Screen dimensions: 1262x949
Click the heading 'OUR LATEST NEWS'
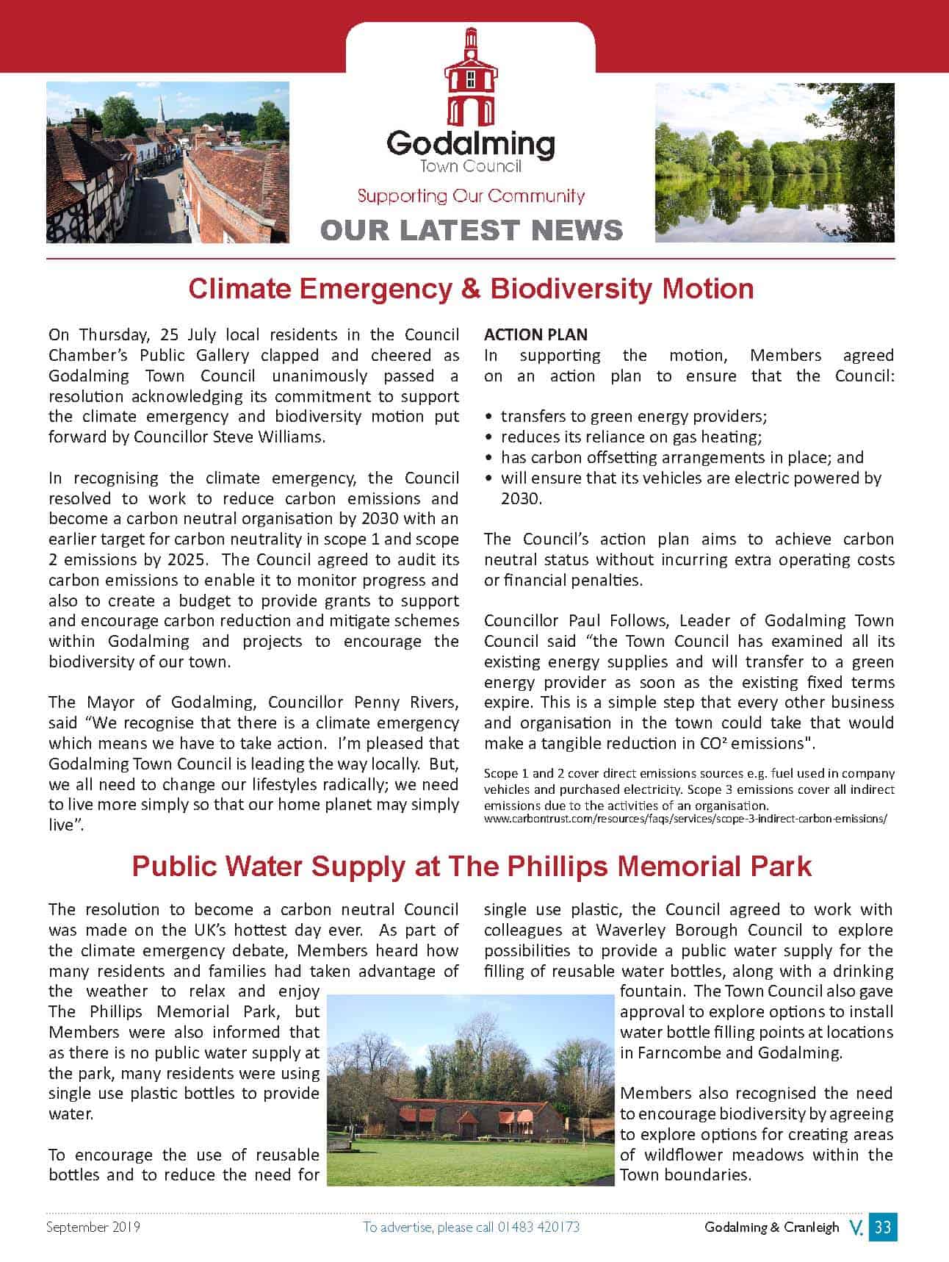pos(471,230)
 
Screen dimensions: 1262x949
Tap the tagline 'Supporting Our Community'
pos(471,196)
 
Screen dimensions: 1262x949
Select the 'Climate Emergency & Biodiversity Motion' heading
pos(471,288)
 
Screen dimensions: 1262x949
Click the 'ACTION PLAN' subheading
pos(535,334)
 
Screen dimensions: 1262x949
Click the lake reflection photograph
pos(774,162)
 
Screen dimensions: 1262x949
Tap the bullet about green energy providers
pos(633,416)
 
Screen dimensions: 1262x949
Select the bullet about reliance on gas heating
pos(631,437)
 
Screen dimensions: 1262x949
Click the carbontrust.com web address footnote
pos(685,818)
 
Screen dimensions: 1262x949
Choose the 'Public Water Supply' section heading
pos(471,866)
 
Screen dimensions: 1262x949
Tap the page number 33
pos(883,1227)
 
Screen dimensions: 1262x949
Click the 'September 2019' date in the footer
pos(93,1227)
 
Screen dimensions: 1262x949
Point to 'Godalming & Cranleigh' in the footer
pos(771,1227)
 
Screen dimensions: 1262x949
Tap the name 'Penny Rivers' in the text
pos(405,702)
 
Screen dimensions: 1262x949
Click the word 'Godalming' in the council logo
pos(471,143)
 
